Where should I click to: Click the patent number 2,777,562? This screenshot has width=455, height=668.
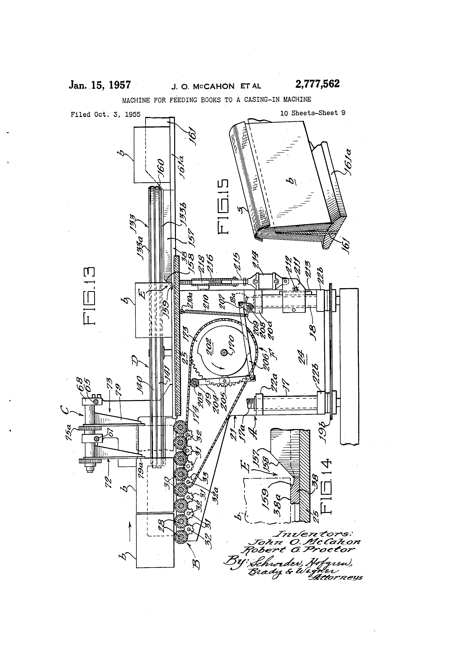[317, 84]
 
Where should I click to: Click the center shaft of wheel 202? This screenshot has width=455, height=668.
[223, 352]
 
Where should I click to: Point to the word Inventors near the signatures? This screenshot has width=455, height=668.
[312, 533]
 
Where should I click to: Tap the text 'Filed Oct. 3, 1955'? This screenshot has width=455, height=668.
[106, 114]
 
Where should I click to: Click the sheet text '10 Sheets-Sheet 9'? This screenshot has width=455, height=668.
[313, 113]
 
